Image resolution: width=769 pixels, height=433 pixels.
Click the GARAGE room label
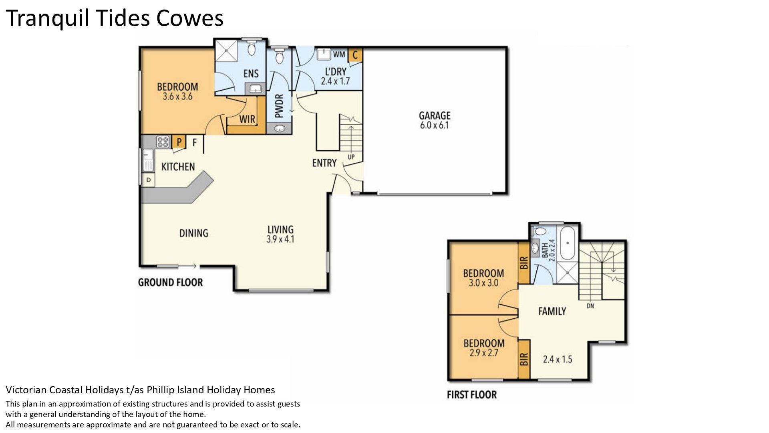tap(435, 115)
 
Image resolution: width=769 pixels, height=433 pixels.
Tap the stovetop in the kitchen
tap(163, 142)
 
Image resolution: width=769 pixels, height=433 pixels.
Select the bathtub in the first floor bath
tap(567, 243)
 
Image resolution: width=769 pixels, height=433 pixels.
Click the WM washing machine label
tap(339, 54)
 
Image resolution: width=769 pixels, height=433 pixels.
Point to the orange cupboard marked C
tap(355, 55)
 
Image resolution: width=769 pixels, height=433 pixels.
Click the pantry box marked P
tap(179, 142)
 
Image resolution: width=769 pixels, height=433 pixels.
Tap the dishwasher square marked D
tap(149, 180)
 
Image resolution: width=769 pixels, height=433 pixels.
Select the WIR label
tap(247, 119)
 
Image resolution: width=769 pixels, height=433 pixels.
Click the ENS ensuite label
tap(251, 74)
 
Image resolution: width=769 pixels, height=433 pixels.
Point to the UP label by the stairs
tap(351, 157)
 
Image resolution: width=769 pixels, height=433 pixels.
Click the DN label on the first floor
tap(590, 306)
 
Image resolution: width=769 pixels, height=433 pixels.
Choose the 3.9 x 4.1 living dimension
tap(280, 239)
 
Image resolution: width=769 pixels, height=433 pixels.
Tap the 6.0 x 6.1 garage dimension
tap(435, 125)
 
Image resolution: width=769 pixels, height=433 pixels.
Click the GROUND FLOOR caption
tap(171, 282)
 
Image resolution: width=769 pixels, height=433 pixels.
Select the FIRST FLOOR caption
tap(472, 395)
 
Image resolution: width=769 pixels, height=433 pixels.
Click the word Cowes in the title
tap(190, 18)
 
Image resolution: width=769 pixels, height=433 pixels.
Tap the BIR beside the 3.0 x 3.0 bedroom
tap(524, 263)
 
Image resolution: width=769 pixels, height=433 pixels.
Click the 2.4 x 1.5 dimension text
tap(558, 359)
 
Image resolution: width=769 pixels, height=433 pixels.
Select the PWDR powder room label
tap(280, 106)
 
